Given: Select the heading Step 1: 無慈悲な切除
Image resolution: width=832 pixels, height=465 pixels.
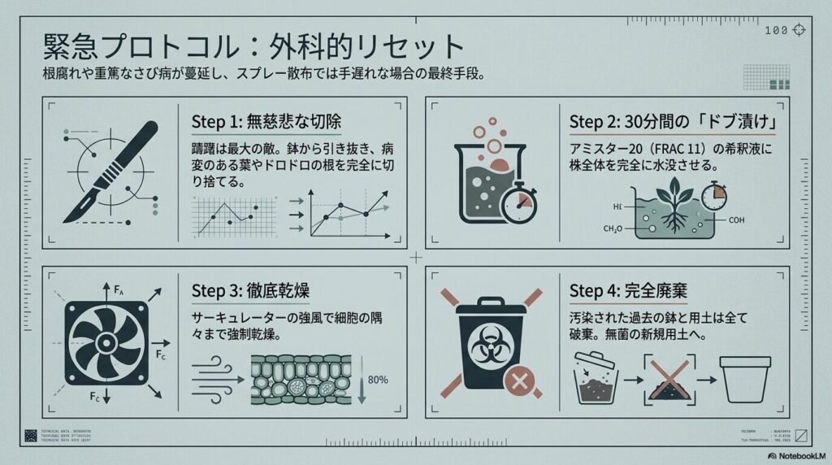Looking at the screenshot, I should (x=266, y=122).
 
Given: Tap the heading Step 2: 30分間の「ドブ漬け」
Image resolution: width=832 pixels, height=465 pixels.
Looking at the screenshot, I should (x=675, y=121).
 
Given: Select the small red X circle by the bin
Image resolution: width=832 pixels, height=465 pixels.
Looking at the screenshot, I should (x=515, y=380).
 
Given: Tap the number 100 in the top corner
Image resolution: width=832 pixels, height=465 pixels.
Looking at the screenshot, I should (x=777, y=30).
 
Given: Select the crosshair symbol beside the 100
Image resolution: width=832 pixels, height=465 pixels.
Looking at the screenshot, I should (x=799, y=30).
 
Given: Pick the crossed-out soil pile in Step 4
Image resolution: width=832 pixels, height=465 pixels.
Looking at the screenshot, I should (x=669, y=380).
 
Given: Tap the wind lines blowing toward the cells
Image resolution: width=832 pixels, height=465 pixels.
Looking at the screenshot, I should (x=216, y=376).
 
